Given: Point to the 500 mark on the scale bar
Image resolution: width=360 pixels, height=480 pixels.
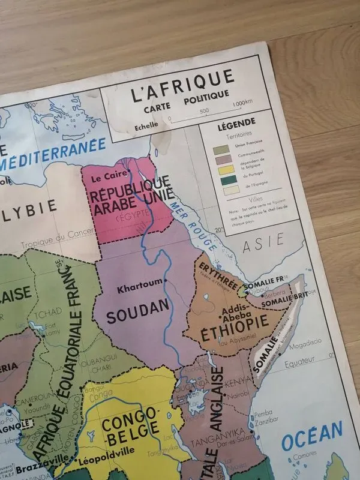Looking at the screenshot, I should coord(203,111).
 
